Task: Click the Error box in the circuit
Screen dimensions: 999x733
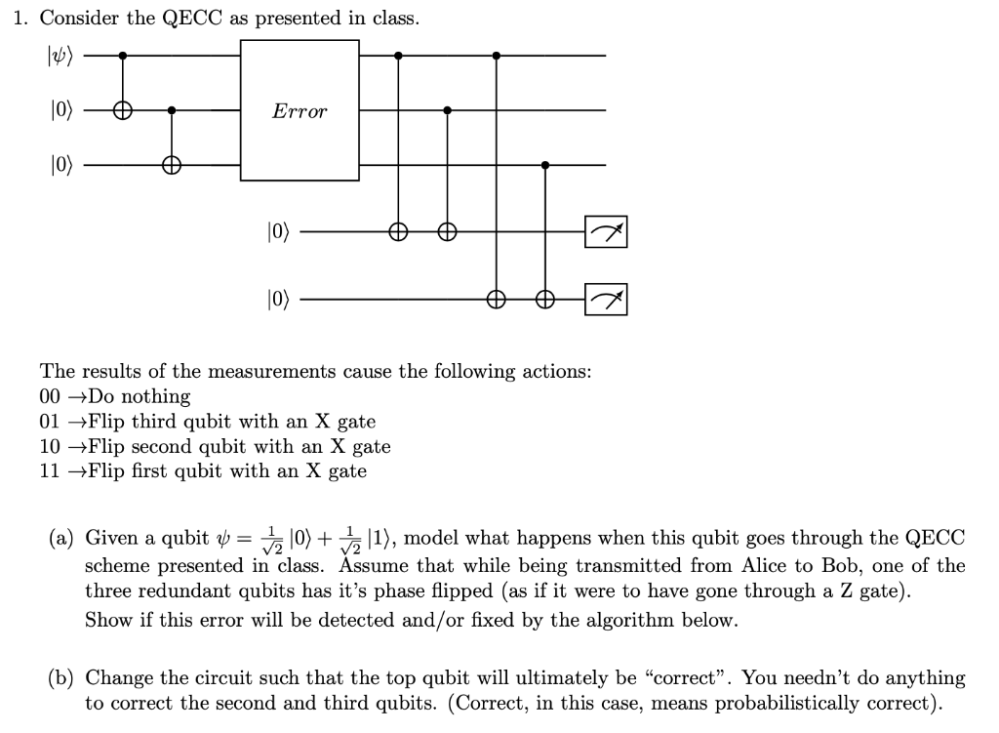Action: click(300, 111)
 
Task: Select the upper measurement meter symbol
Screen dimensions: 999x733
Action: click(606, 232)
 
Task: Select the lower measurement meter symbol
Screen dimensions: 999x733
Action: click(606, 299)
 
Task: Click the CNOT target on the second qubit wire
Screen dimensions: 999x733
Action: click(121, 111)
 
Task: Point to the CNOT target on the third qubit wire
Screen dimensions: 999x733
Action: click(172, 166)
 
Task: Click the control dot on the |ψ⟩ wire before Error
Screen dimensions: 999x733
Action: click(121, 56)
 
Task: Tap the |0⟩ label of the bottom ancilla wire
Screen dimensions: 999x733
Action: click(278, 299)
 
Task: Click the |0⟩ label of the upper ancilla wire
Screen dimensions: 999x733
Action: click(278, 232)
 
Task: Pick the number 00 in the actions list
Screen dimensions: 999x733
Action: click(51, 397)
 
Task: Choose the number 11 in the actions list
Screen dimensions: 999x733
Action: click(51, 471)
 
